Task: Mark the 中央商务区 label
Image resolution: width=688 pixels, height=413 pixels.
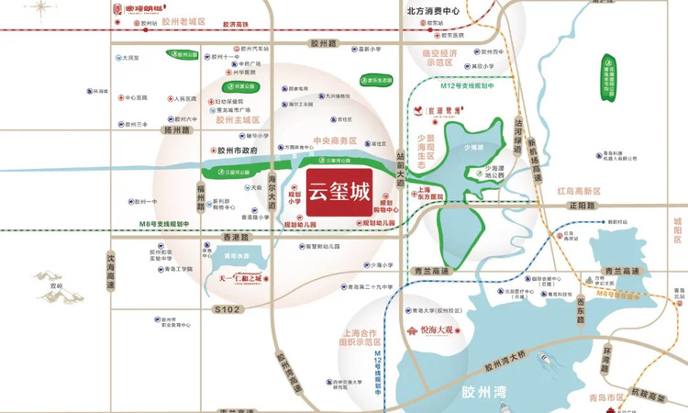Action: (334, 143)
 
